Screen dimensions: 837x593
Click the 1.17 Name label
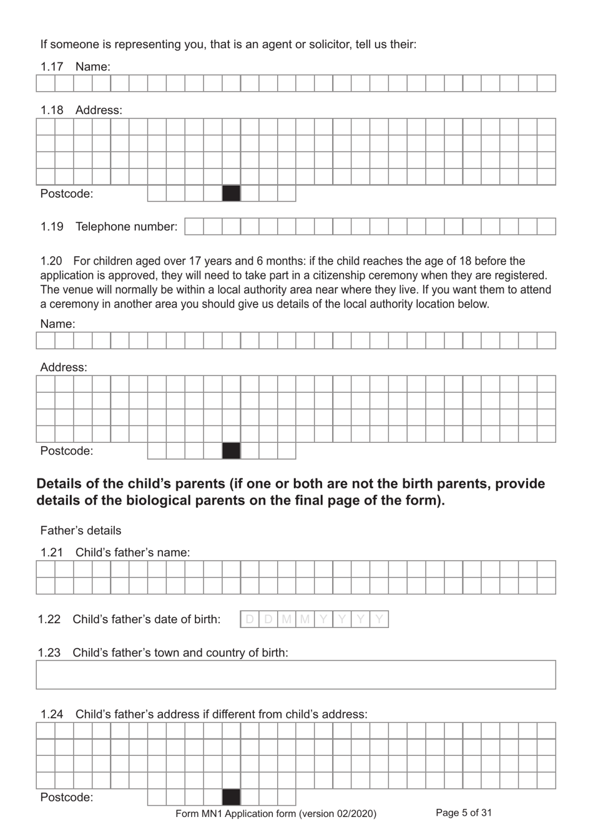(x=92, y=67)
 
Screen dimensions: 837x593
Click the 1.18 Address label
(x=99, y=110)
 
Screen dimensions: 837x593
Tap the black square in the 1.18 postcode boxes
(x=231, y=193)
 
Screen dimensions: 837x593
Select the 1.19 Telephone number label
(x=126, y=226)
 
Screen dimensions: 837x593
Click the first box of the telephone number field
(x=194, y=226)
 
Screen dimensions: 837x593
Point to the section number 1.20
(x=51, y=261)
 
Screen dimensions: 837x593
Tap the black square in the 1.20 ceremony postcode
(x=231, y=450)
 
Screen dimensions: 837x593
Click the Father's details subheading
(x=81, y=531)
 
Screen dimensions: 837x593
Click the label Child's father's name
(x=132, y=553)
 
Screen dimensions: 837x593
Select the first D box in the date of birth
(x=250, y=619)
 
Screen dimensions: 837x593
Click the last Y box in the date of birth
(x=379, y=619)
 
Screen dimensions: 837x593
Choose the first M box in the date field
(x=287, y=619)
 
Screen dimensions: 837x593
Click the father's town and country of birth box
(x=295, y=675)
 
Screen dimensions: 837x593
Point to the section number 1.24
(x=51, y=714)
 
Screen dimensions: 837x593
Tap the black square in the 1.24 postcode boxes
(x=231, y=797)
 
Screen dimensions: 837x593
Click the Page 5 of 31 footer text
(x=463, y=813)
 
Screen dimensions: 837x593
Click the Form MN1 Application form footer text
(x=276, y=813)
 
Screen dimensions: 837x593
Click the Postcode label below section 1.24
(x=66, y=797)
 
